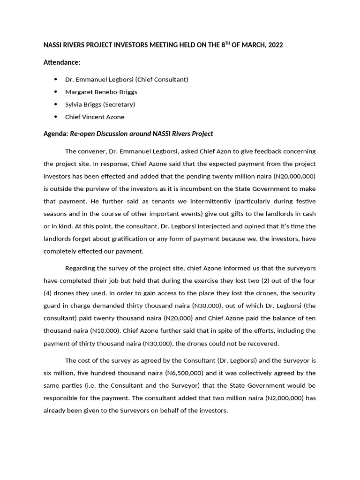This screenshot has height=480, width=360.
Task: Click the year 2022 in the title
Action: [x=274, y=45]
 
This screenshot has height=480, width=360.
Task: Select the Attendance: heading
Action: [x=62, y=62]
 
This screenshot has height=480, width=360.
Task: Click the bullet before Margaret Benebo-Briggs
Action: [x=55, y=92]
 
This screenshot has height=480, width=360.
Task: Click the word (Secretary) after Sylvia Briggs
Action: [x=119, y=105]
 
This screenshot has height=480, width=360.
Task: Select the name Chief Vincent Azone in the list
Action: [x=95, y=117]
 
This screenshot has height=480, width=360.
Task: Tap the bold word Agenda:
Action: [x=56, y=134]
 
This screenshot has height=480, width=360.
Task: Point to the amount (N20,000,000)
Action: [x=293, y=176]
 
